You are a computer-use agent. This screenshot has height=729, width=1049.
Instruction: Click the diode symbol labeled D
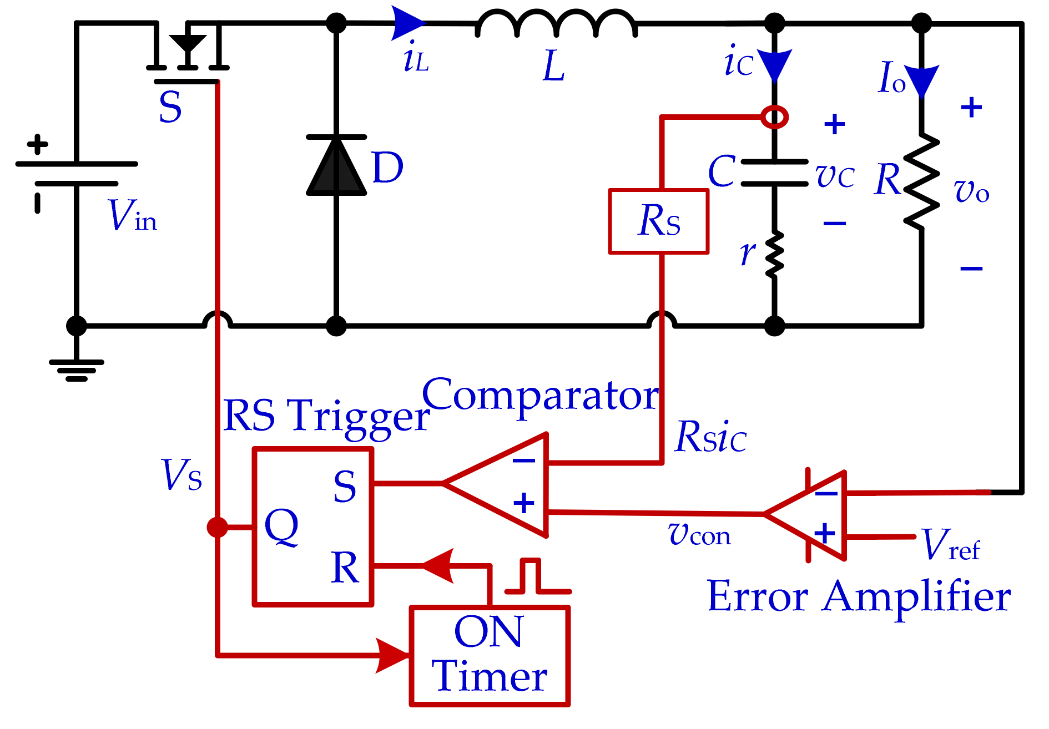(336, 166)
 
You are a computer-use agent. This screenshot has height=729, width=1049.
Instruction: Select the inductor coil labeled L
(556, 24)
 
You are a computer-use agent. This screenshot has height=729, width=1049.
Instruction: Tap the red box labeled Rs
(659, 221)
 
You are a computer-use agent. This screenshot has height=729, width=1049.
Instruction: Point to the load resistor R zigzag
(921, 181)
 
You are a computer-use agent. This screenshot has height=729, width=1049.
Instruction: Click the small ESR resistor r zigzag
(774, 254)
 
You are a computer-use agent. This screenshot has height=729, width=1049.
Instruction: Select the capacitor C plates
(774, 173)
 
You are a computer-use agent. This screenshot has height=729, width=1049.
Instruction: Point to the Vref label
(950, 545)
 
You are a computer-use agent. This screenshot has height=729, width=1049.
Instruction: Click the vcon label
(699, 534)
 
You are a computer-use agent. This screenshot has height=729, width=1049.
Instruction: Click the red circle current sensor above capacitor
(774, 117)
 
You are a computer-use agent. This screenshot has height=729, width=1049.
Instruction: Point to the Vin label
(132, 216)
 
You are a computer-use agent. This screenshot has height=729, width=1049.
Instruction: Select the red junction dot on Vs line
(217, 527)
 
